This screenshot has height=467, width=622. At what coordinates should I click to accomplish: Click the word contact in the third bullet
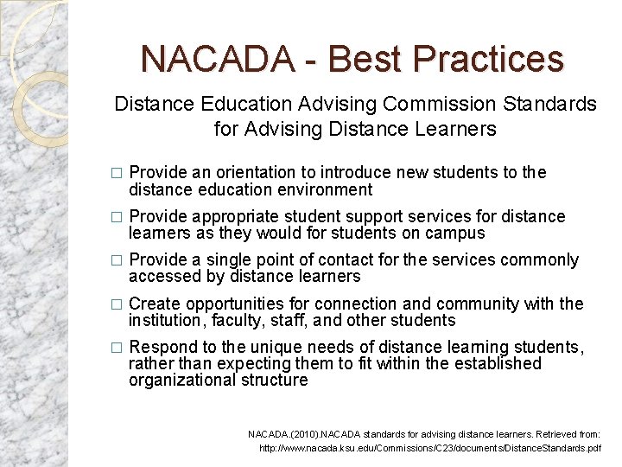[347, 260]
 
